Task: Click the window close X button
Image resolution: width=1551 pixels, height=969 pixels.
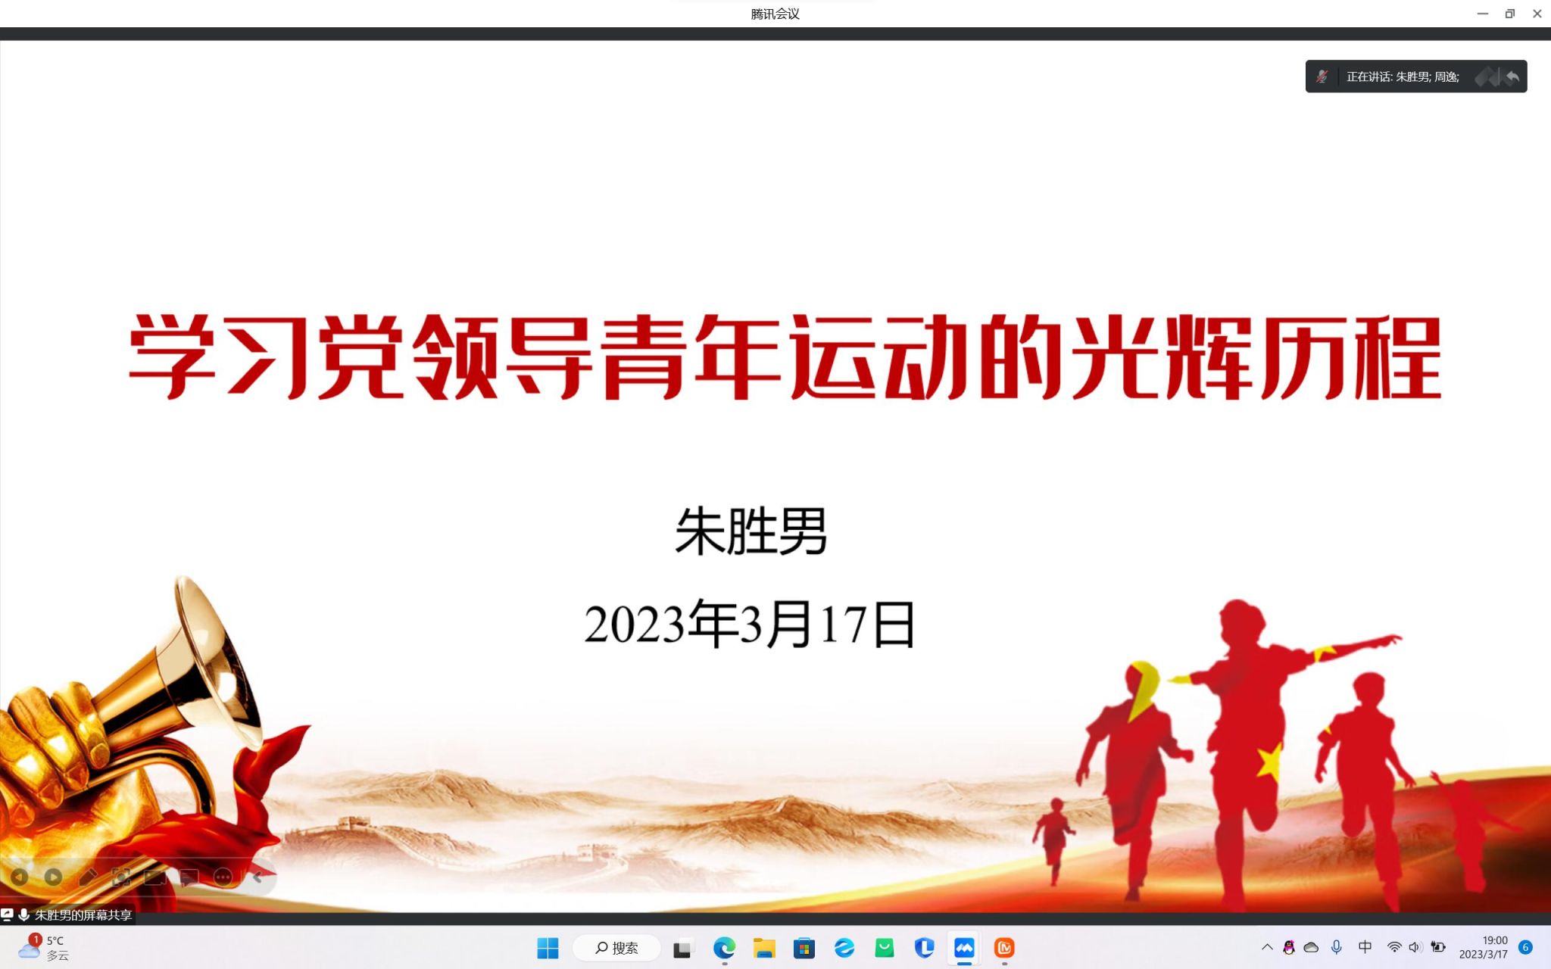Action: [1537, 14]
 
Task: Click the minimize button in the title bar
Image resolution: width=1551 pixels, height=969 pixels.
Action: [1482, 14]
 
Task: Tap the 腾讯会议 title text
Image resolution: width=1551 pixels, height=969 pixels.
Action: [775, 14]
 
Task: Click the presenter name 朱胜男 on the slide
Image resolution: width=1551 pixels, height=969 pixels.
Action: [751, 531]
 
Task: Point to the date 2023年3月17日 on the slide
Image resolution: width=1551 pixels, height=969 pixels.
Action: [750, 624]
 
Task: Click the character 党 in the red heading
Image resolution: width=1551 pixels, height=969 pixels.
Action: [362, 356]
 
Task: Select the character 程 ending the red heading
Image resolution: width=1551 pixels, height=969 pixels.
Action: [1398, 357]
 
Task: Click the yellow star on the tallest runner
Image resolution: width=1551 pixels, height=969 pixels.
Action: [1270, 760]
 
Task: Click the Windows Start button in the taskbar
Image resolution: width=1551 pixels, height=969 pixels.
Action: [548, 948]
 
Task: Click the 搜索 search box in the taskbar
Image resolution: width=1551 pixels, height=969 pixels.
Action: [616, 948]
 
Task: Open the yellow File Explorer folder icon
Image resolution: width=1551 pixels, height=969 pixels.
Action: [764, 948]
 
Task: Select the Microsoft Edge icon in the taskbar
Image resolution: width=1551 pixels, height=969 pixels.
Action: [724, 948]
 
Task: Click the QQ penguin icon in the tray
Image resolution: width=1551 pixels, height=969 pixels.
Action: [1289, 947]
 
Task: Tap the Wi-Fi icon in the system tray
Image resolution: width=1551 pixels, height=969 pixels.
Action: [1393, 947]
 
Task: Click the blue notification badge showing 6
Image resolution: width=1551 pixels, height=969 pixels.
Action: [1526, 947]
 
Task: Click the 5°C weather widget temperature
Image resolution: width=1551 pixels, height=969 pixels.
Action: [55, 940]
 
